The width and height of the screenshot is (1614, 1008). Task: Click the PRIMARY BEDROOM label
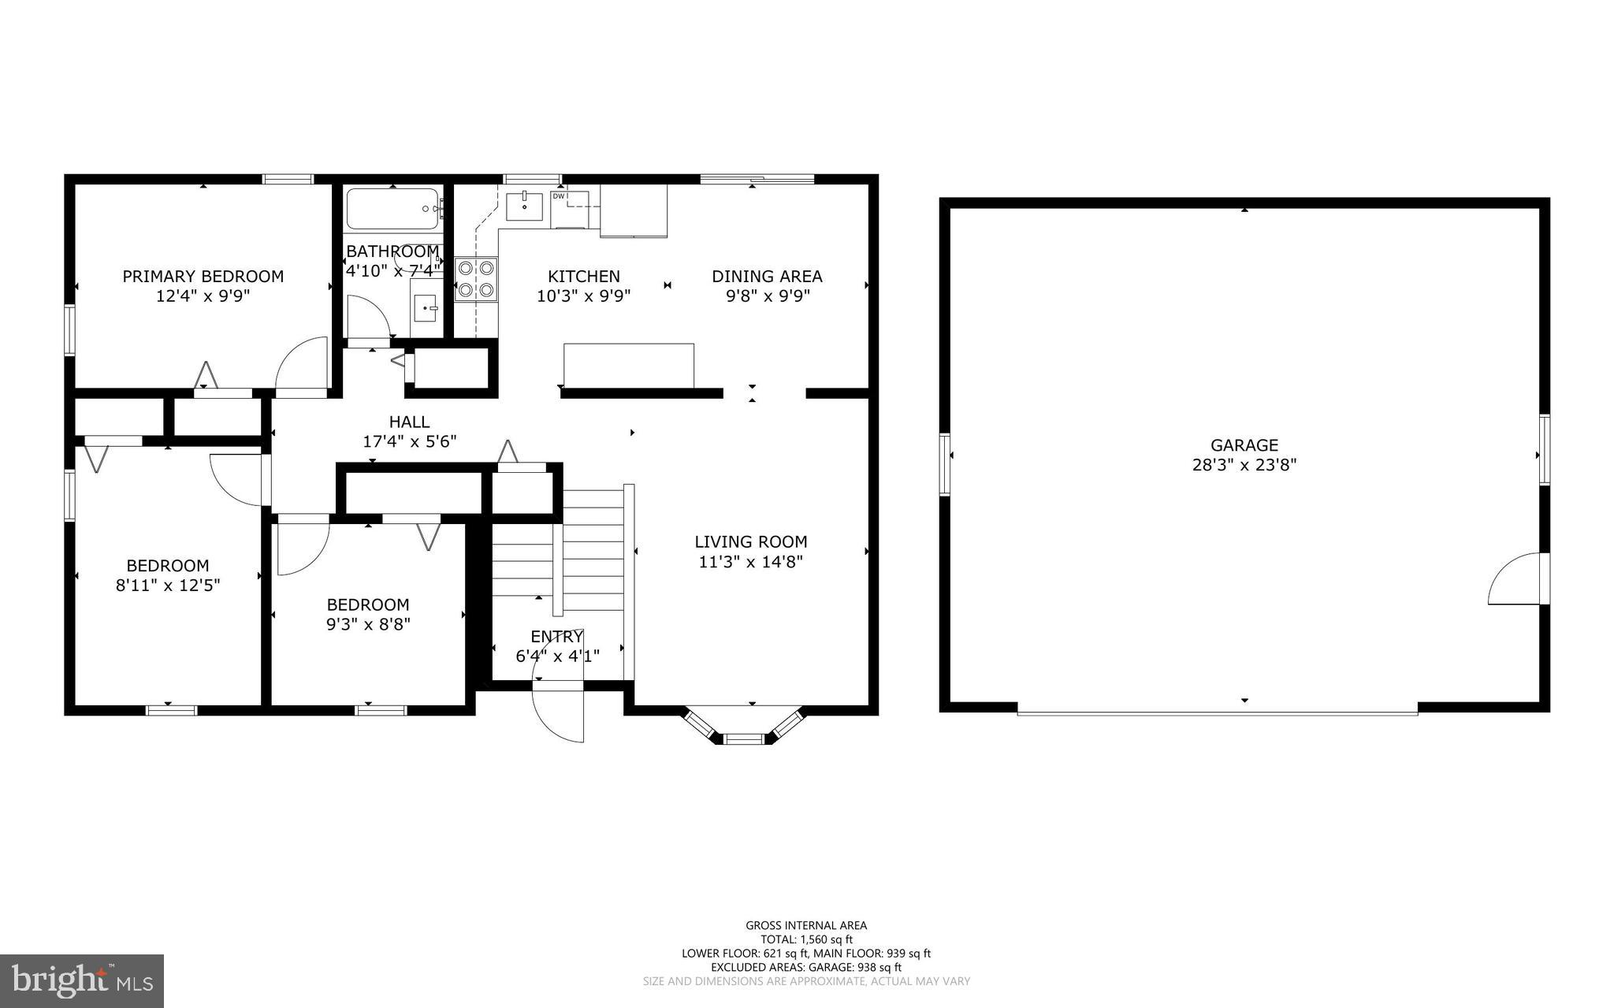tap(203, 277)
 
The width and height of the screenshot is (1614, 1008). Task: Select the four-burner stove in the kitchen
tap(476, 279)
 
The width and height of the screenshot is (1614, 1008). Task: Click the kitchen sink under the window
tap(524, 206)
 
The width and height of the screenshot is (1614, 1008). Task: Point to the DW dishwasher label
tap(558, 195)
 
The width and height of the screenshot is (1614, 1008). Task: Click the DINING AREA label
tap(767, 277)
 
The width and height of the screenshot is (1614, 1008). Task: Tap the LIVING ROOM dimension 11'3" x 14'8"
tap(750, 562)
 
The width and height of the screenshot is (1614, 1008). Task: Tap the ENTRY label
tap(556, 636)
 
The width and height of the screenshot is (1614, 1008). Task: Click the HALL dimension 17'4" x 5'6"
tap(409, 442)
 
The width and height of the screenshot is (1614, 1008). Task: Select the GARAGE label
tap(1244, 445)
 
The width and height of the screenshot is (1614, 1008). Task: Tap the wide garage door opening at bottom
tap(1217, 712)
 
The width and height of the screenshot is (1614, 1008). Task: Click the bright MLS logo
tap(82, 980)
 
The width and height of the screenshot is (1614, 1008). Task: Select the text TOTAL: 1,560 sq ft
tap(806, 939)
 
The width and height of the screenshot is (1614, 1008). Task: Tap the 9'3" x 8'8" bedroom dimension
tap(368, 625)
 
